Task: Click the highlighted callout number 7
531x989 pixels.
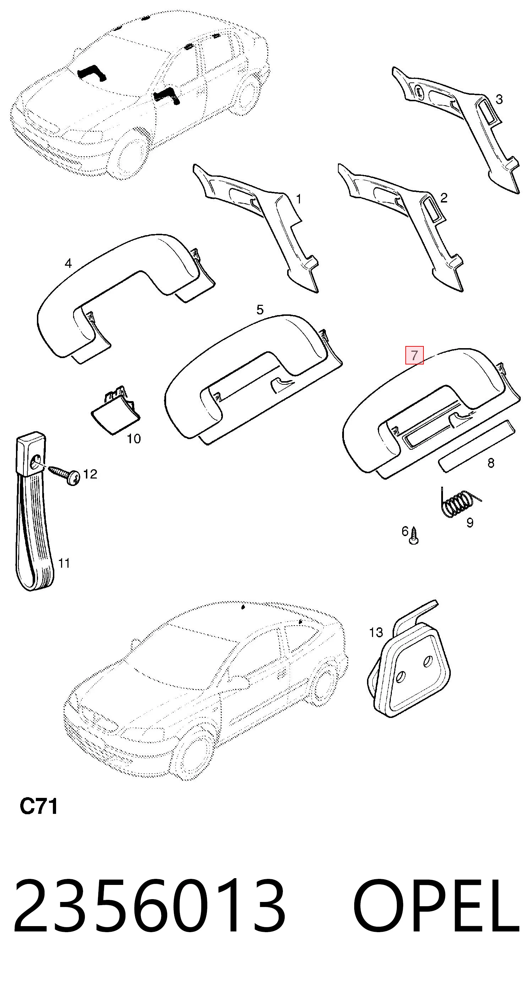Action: pos(414,355)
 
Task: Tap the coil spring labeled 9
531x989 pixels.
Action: pos(459,502)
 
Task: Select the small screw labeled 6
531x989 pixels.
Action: pos(414,536)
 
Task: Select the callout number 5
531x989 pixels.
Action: pos(260,309)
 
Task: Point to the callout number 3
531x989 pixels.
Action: pos(499,99)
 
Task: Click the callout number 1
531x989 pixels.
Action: pos(299,199)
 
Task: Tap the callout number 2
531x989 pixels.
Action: pos(444,198)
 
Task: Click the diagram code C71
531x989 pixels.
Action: pos(38,806)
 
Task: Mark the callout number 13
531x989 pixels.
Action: pos(376,632)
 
